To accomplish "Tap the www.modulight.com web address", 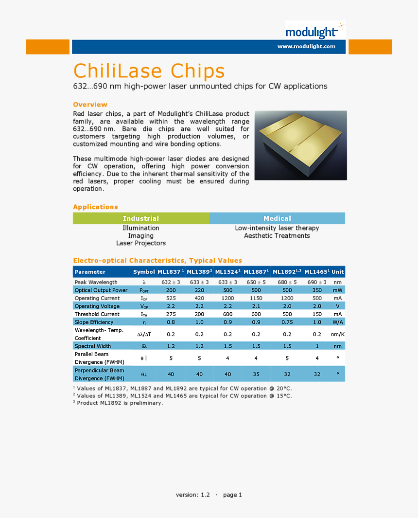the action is coord(306,47).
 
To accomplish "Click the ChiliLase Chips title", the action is coord(149,71).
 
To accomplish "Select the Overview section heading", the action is coord(90,105).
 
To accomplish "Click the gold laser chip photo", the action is coord(300,145).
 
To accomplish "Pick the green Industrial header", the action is coord(141,218).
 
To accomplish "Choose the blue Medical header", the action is coord(277,218).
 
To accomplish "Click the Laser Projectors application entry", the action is coord(141,243).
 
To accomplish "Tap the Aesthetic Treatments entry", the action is coord(277,236).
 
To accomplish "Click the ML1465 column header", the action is coord(317,272).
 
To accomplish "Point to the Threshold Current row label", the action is coord(97,314).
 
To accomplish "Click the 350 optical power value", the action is coord(317,290).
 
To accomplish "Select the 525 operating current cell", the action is coord(171,298).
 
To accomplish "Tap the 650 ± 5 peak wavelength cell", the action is coord(256,282).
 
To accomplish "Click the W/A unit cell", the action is coord(338,322).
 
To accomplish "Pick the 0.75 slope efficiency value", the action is coord(287,322).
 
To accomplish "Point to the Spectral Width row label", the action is coord(93,346).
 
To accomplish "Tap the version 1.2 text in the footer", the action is coord(193,495).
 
